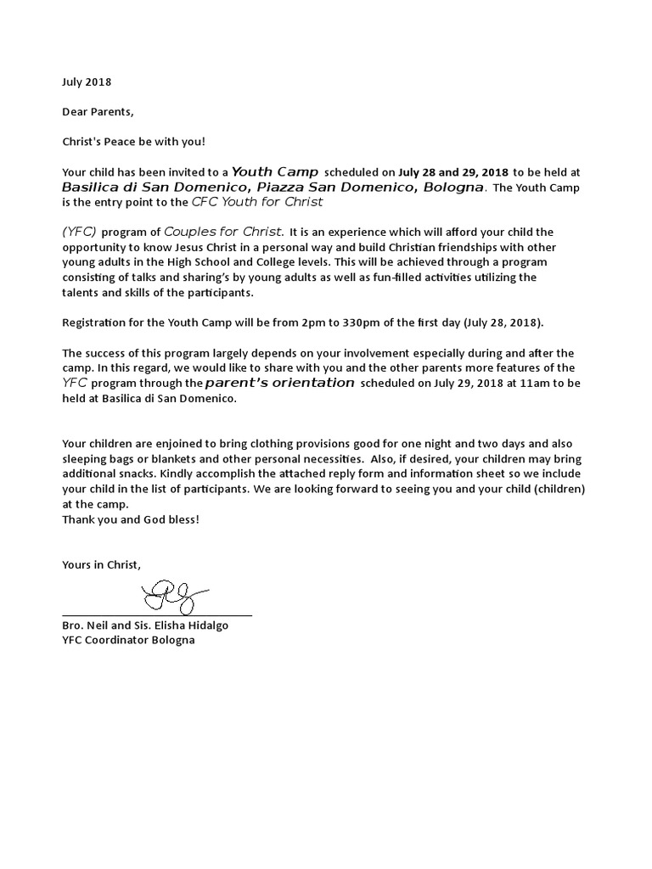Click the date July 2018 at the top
87,82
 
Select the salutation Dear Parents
98,111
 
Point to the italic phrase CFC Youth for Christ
257,202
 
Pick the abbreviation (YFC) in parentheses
80,232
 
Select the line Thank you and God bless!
131,519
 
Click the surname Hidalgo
207,625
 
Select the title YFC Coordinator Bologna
128,640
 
